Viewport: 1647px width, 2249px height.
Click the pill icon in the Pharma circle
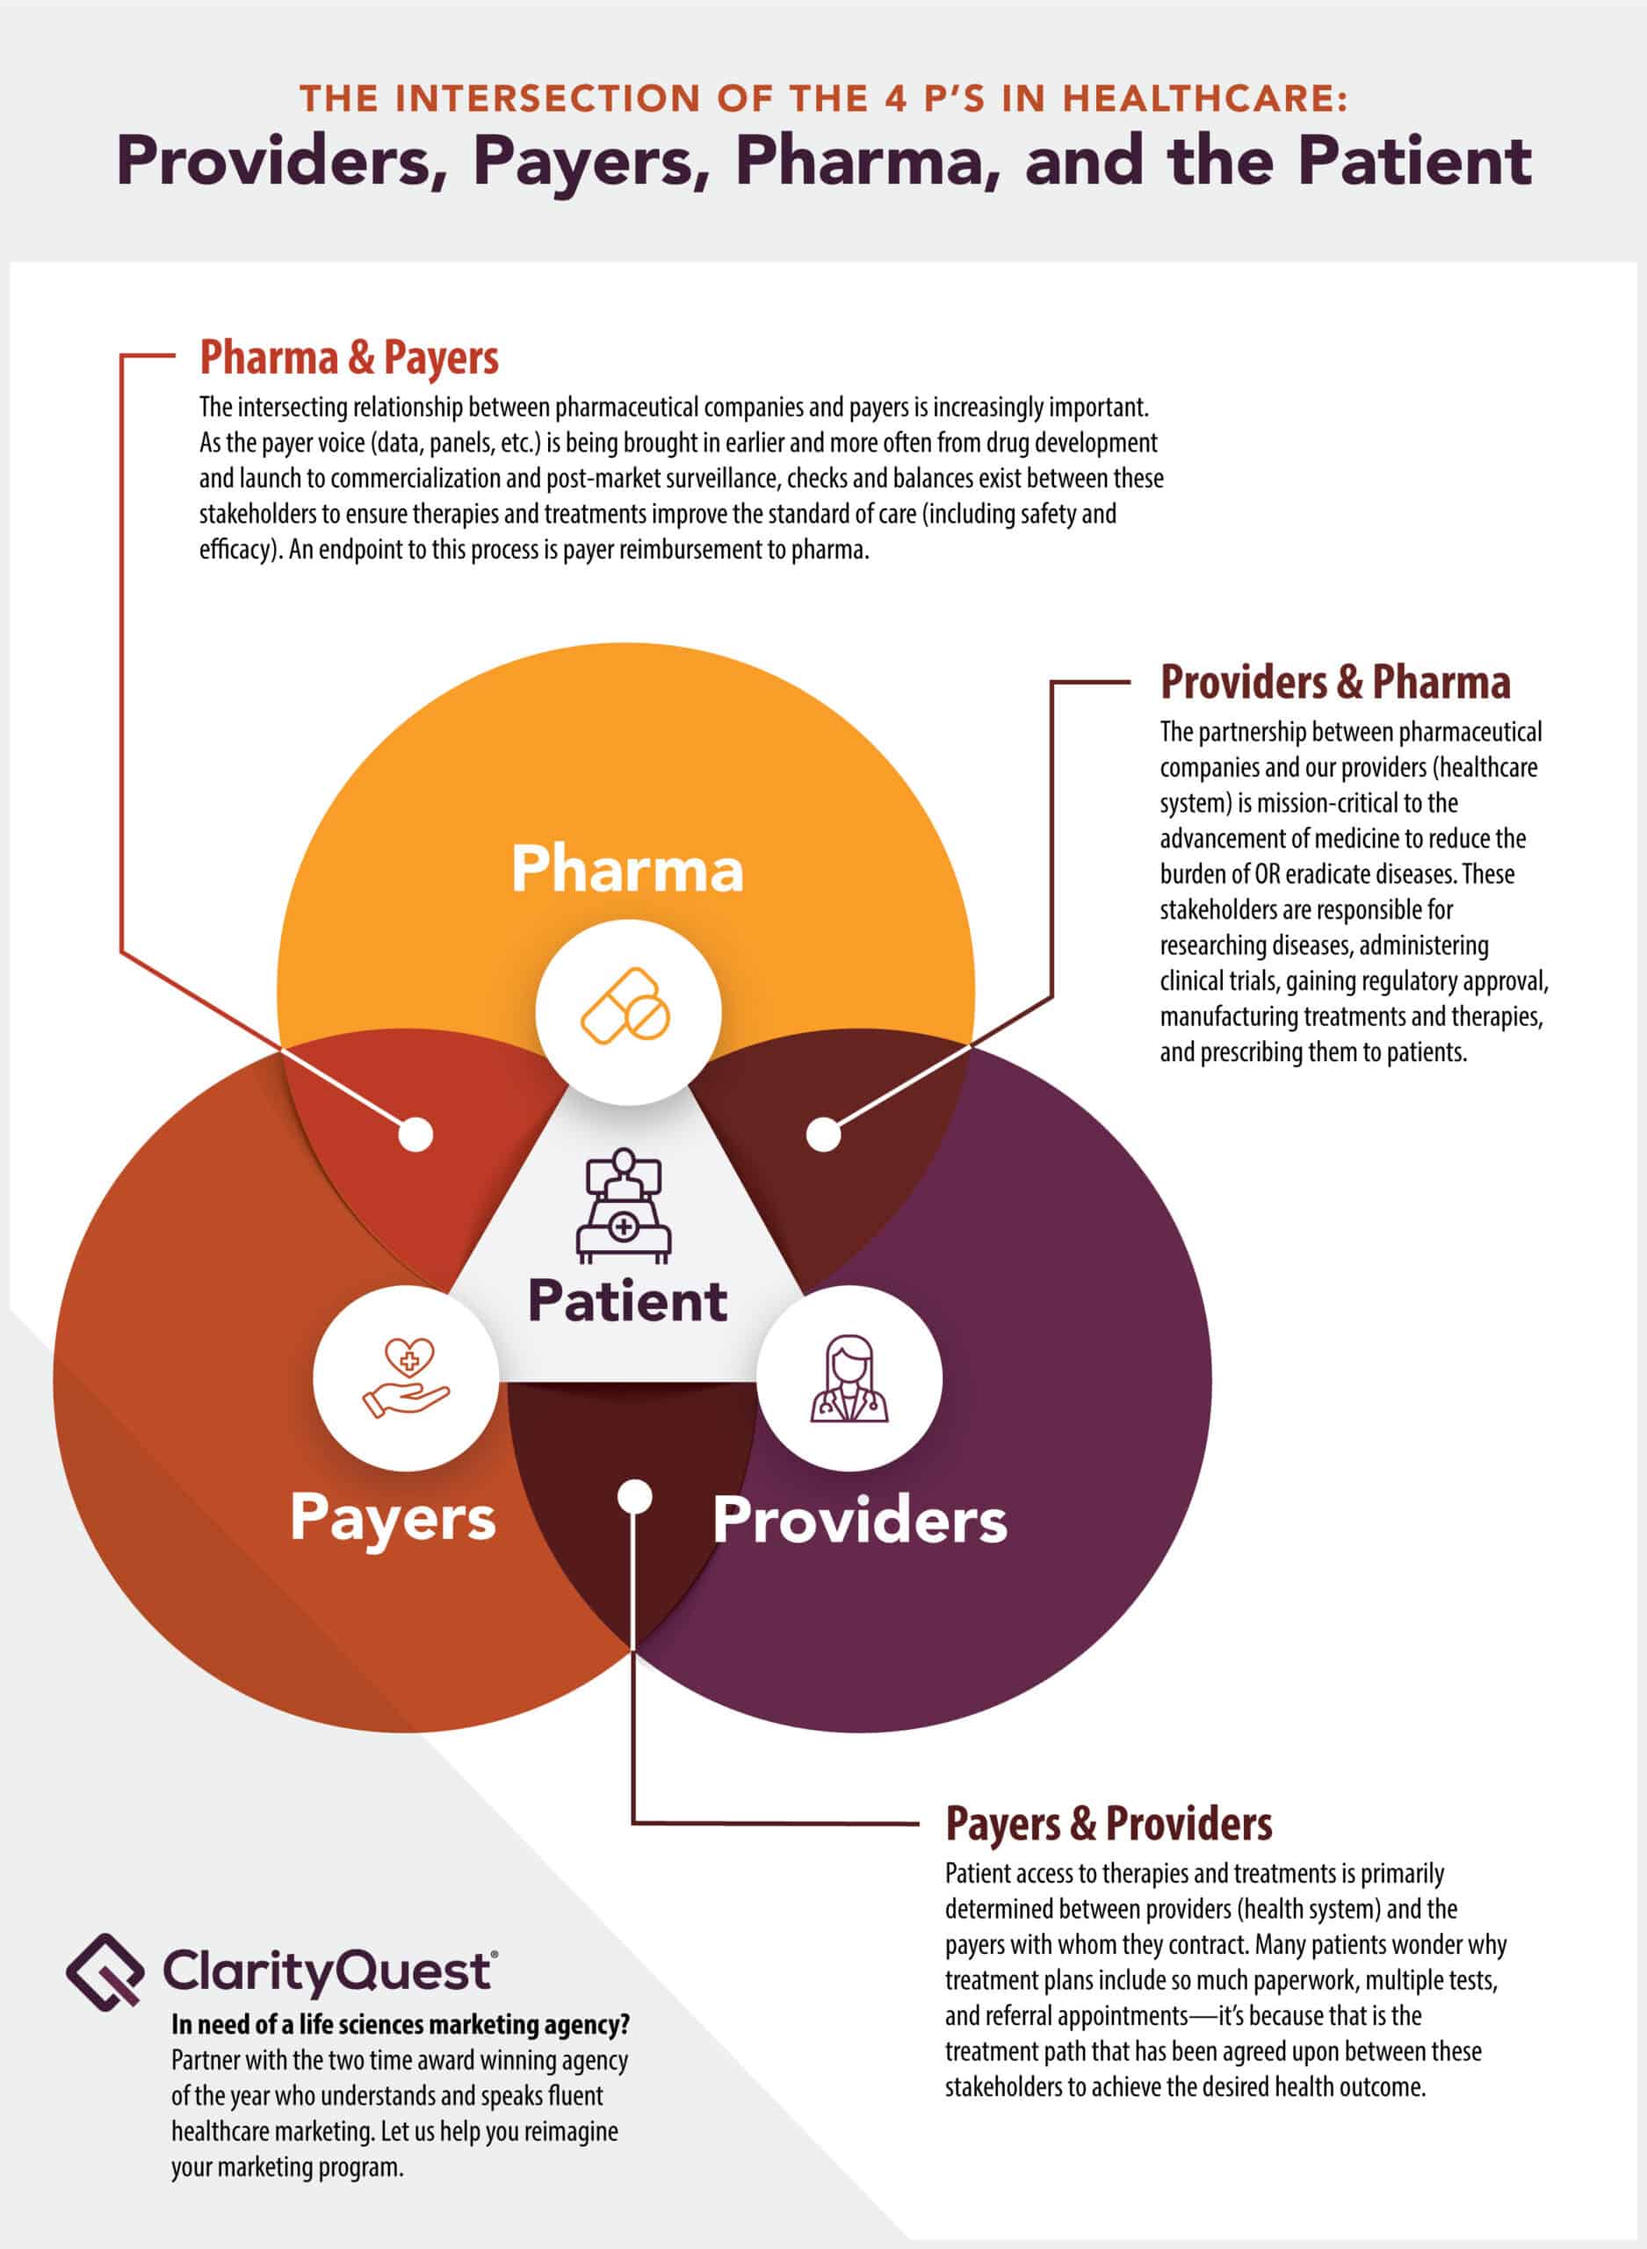click(626, 1006)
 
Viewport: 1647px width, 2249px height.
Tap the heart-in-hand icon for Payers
click(406, 1378)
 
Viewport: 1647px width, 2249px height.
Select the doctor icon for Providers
click(849, 1378)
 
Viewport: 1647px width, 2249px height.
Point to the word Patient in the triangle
click(627, 1301)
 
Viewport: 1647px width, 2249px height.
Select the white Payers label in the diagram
click(393, 1518)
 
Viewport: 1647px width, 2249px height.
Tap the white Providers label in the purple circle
click(859, 1520)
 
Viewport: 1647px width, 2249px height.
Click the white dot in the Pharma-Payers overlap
click(415, 1133)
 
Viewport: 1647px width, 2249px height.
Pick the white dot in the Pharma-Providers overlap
click(824, 1133)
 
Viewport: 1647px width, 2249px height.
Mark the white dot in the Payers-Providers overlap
click(634, 1496)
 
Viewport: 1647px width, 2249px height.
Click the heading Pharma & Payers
click(349, 358)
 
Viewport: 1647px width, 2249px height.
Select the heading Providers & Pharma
click(1335, 683)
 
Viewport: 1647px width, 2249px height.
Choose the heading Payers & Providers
click(1109, 1825)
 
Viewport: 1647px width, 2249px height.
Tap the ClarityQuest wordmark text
click(329, 1971)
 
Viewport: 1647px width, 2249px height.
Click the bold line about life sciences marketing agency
click(401, 2025)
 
